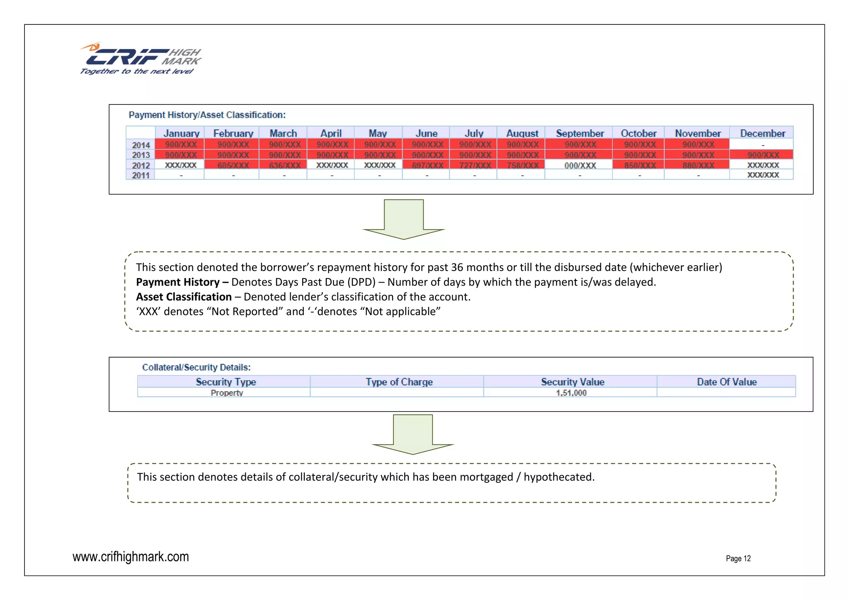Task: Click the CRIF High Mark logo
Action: click(x=140, y=59)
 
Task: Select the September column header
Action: click(x=580, y=133)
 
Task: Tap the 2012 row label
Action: click(x=141, y=165)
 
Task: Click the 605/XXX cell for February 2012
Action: click(x=233, y=165)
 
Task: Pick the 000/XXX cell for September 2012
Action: click(x=580, y=165)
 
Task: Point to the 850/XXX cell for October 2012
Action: click(x=640, y=165)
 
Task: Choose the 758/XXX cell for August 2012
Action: click(x=522, y=165)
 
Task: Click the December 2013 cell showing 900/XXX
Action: click(x=763, y=155)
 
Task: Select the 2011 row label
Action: click(x=141, y=175)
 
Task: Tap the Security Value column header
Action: click(x=572, y=382)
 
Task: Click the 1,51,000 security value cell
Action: click(x=571, y=393)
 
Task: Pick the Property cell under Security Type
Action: click(x=227, y=393)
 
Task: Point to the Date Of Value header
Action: click(x=727, y=382)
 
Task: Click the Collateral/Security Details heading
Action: click(x=196, y=367)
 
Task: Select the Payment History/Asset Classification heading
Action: click(x=207, y=115)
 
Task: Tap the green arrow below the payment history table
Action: click(x=404, y=220)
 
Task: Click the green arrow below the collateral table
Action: click(x=413, y=434)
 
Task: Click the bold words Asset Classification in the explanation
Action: click(x=184, y=297)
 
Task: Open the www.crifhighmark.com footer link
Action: click(x=131, y=556)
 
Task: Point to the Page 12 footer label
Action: click(x=738, y=558)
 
